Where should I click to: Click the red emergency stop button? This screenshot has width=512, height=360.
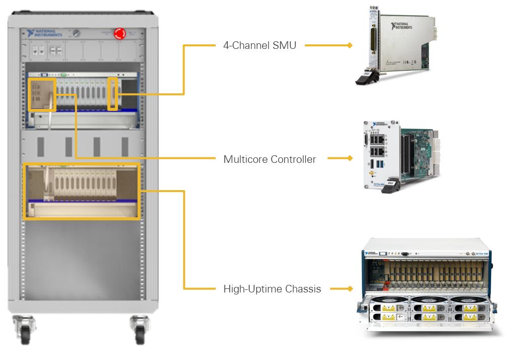click(x=120, y=33)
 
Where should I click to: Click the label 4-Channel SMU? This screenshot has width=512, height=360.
click(x=260, y=45)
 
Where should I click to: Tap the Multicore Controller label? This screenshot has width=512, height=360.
click(x=270, y=159)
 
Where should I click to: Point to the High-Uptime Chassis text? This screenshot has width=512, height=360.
click(x=272, y=289)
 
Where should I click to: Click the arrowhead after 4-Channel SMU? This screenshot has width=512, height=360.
click(x=349, y=45)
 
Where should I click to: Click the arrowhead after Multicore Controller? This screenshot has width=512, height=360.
click(x=349, y=159)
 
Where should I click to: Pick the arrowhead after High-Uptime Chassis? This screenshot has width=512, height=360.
click(x=349, y=289)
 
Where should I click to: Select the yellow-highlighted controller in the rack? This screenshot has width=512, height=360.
click(x=42, y=94)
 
